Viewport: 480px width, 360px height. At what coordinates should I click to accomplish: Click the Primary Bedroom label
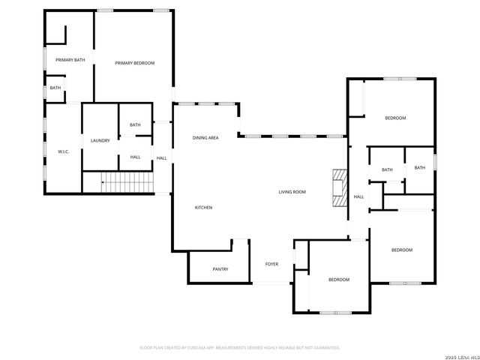tap(135, 63)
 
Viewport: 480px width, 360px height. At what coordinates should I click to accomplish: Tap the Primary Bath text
tap(69, 60)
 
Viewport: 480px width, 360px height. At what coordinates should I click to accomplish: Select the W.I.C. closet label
tap(63, 151)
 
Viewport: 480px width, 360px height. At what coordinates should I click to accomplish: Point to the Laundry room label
tap(100, 141)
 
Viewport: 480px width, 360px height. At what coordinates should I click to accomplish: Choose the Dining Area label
tap(205, 138)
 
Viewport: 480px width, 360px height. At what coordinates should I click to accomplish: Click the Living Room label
tap(292, 192)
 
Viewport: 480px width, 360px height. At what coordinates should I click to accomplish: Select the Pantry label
tap(220, 269)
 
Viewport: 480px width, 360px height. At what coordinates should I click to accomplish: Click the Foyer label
tap(271, 264)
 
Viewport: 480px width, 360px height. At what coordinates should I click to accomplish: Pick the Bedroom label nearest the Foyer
tap(339, 280)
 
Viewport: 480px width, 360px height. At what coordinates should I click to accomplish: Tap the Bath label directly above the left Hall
tap(135, 125)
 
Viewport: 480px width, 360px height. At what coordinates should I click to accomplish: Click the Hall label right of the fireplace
tap(358, 197)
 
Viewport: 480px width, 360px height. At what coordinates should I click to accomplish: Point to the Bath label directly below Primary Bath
tap(55, 88)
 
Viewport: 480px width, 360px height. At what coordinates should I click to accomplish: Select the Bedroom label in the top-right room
tap(395, 118)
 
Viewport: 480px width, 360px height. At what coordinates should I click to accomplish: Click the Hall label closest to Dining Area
tap(161, 157)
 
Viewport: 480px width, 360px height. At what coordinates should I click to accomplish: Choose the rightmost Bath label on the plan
tap(419, 167)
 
